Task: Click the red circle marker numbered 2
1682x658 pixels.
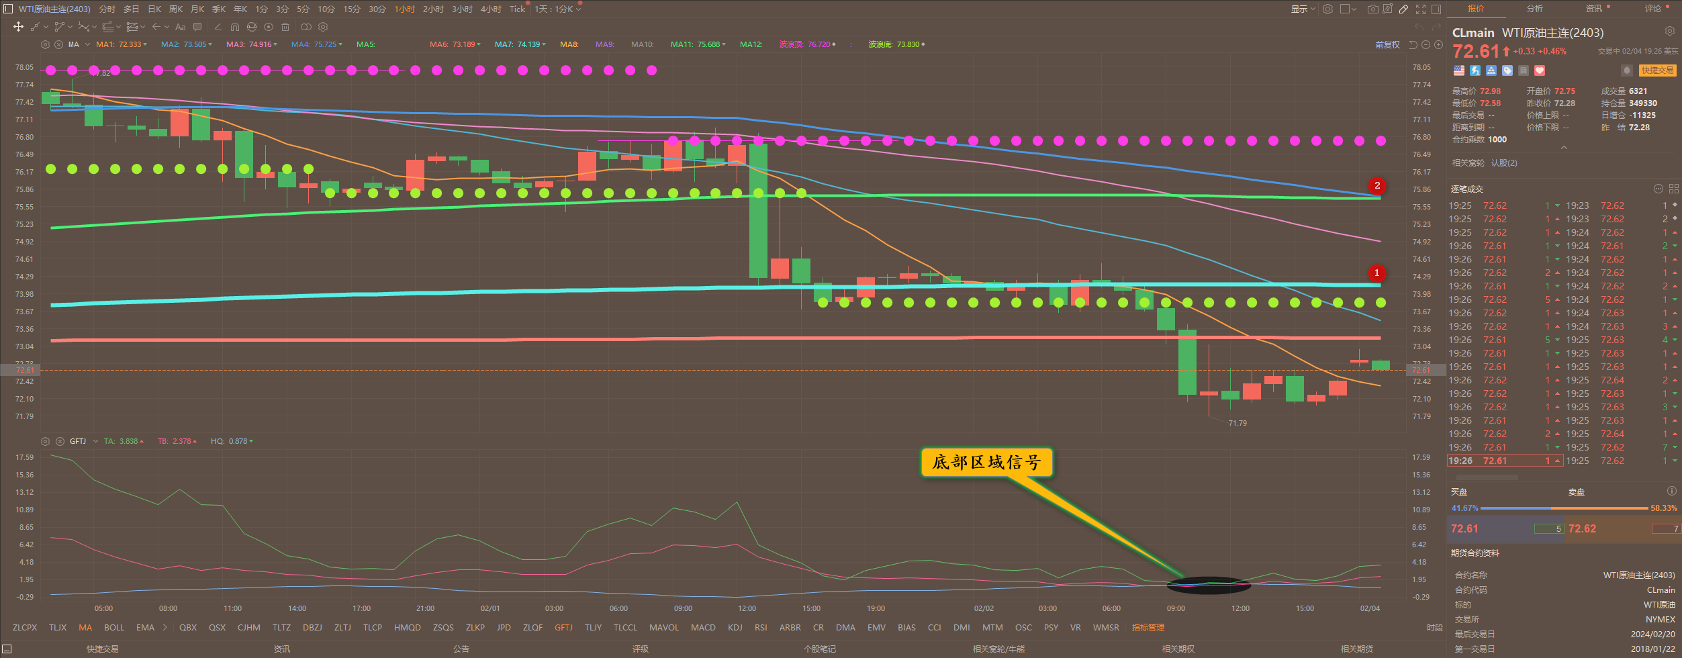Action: coord(1377,186)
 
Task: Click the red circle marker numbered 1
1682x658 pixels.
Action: coord(1376,273)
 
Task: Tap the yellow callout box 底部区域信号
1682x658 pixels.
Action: coord(986,463)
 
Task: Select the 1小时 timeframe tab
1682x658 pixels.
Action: coord(404,9)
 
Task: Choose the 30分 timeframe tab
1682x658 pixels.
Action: coord(377,9)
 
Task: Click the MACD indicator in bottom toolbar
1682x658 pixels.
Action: coord(703,628)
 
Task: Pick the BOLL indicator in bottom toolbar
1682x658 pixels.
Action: coord(114,628)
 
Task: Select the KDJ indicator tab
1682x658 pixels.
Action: coord(735,628)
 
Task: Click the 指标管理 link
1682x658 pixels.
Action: coord(1148,628)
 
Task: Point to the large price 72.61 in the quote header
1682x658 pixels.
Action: coord(1475,52)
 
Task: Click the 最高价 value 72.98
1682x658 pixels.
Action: coord(1490,91)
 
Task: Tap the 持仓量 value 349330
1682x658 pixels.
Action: coord(1642,103)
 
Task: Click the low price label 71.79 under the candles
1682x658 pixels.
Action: coord(1237,423)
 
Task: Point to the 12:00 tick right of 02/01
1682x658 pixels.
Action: coord(747,608)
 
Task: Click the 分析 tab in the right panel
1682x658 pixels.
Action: coord(1534,9)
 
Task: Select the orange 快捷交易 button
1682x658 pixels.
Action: coord(1657,70)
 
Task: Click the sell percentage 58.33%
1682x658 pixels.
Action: coord(1664,508)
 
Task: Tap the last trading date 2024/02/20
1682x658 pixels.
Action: coord(1652,634)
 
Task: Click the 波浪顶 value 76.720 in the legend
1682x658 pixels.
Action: coord(819,44)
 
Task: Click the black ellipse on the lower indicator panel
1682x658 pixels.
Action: coord(1209,585)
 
